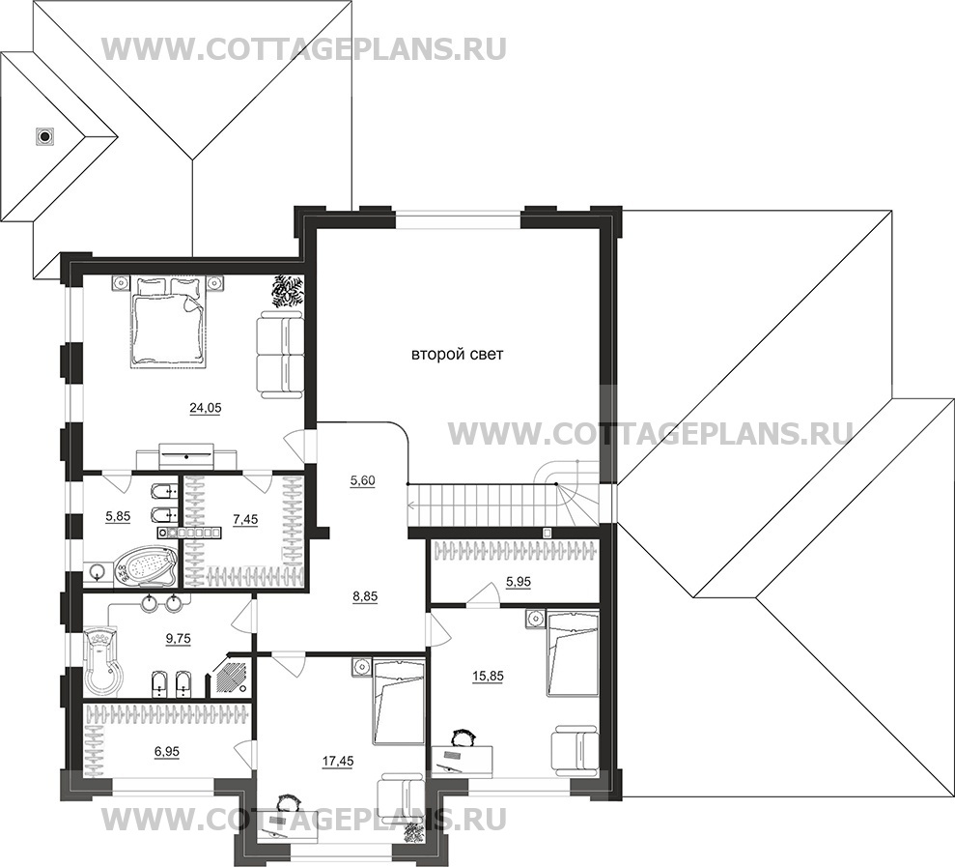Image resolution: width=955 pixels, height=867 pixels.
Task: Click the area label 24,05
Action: (x=206, y=409)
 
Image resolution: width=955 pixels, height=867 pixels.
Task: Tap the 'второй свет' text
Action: (x=458, y=354)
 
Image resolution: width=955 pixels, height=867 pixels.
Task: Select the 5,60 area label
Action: (x=362, y=480)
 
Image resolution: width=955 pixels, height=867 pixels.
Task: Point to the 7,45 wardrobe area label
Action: (x=245, y=519)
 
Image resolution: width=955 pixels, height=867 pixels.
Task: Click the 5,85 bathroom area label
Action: (x=118, y=516)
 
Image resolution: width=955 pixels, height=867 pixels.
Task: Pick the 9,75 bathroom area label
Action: (x=179, y=638)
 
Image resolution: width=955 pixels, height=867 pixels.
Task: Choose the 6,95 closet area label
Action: (x=166, y=752)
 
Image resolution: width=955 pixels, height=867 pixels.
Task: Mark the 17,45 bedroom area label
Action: (x=338, y=761)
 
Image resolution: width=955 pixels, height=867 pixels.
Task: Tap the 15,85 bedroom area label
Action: (x=488, y=676)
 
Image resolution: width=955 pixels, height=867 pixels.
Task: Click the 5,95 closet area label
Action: (x=519, y=582)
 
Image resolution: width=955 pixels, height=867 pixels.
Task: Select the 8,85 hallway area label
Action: (x=364, y=596)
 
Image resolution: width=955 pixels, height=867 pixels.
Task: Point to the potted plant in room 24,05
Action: (x=288, y=290)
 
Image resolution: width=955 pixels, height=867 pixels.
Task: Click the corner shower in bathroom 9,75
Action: (x=231, y=675)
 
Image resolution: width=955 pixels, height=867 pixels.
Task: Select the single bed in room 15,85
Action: (x=573, y=653)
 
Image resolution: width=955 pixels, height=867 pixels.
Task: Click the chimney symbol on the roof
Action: (x=44, y=136)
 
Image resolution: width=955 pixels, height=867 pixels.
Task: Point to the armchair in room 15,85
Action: (x=575, y=750)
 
